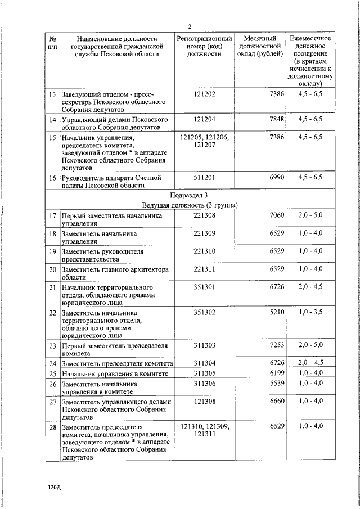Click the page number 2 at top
click(190, 26)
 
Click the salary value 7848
click(277, 120)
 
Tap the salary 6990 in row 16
click(277, 177)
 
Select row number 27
click(52, 402)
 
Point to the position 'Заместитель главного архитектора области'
click(115, 273)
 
